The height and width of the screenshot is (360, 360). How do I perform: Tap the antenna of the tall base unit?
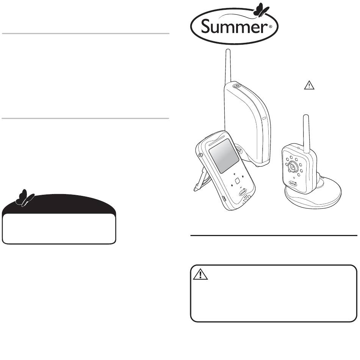[x=228, y=66]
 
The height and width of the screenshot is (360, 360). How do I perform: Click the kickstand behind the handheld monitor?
[x=200, y=180]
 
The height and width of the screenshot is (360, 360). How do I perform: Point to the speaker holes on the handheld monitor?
[x=247, y=198]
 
